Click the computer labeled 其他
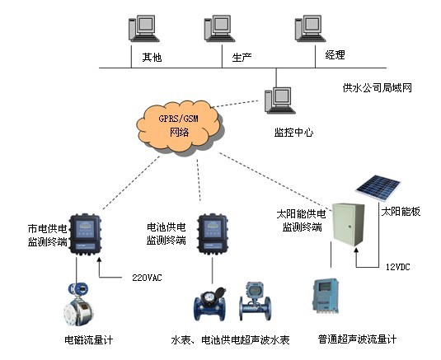coord(143,28)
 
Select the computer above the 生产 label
coord(219,28)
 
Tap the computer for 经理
coord(310,28)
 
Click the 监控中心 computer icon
coord(279,100)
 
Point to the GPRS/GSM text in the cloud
coord(178,119)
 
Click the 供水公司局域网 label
coord(377,88)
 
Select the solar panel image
coord(378,188)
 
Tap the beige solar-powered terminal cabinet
coord(348,225)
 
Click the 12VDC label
coord(397,267)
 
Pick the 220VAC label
coord(147,278)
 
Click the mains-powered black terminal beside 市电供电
coord(85,235)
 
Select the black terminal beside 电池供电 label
coord(213,235)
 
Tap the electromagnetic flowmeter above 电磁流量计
coord(78,304)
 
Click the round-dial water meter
coord(210,304)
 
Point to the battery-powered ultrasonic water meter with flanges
coord(255,302)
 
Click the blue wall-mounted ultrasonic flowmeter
coord(326,296)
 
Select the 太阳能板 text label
coord(401,212)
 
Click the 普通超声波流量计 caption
coord(357,339)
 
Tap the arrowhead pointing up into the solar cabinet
coord(356,253)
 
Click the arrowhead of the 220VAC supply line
coord(99,259)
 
